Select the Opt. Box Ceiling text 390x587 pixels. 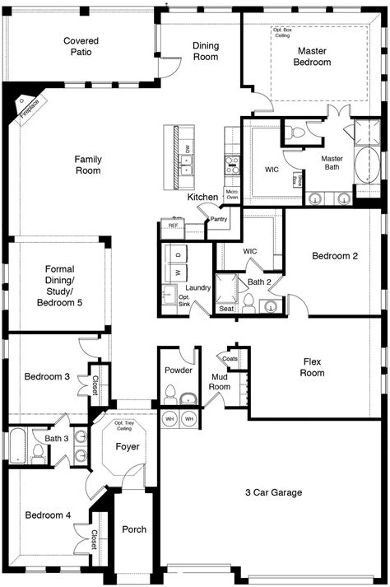282,32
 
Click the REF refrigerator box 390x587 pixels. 174,225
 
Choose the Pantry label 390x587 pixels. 218,220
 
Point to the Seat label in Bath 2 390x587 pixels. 225,308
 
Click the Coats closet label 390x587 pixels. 230,358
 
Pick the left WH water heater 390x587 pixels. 169,419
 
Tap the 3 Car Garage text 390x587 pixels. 274,492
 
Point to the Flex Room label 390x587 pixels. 313,367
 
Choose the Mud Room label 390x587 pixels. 220,381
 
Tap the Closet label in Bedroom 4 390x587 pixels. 95,539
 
